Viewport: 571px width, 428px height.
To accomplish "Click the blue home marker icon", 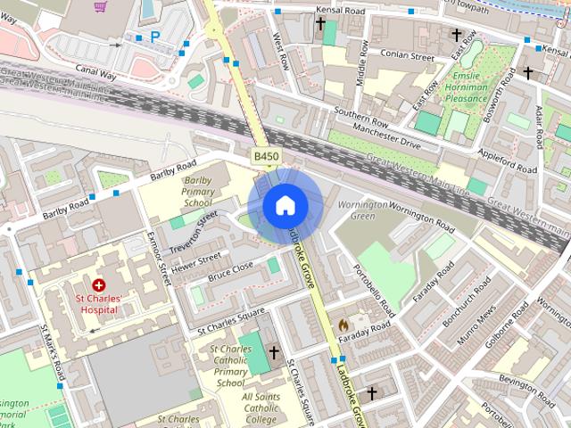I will [x=285, y=206].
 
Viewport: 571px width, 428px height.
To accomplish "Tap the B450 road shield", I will [x=266, y=157].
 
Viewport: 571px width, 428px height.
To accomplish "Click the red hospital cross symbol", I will [x=97, y=284].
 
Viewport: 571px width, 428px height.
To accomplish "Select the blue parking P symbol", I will [x=155, y=37].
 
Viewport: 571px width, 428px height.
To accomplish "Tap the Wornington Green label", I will [x=363, y=210].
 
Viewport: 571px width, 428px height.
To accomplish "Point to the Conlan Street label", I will [x=407, y=56].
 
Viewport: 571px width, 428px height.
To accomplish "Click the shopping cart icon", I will [x=100, y=6].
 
